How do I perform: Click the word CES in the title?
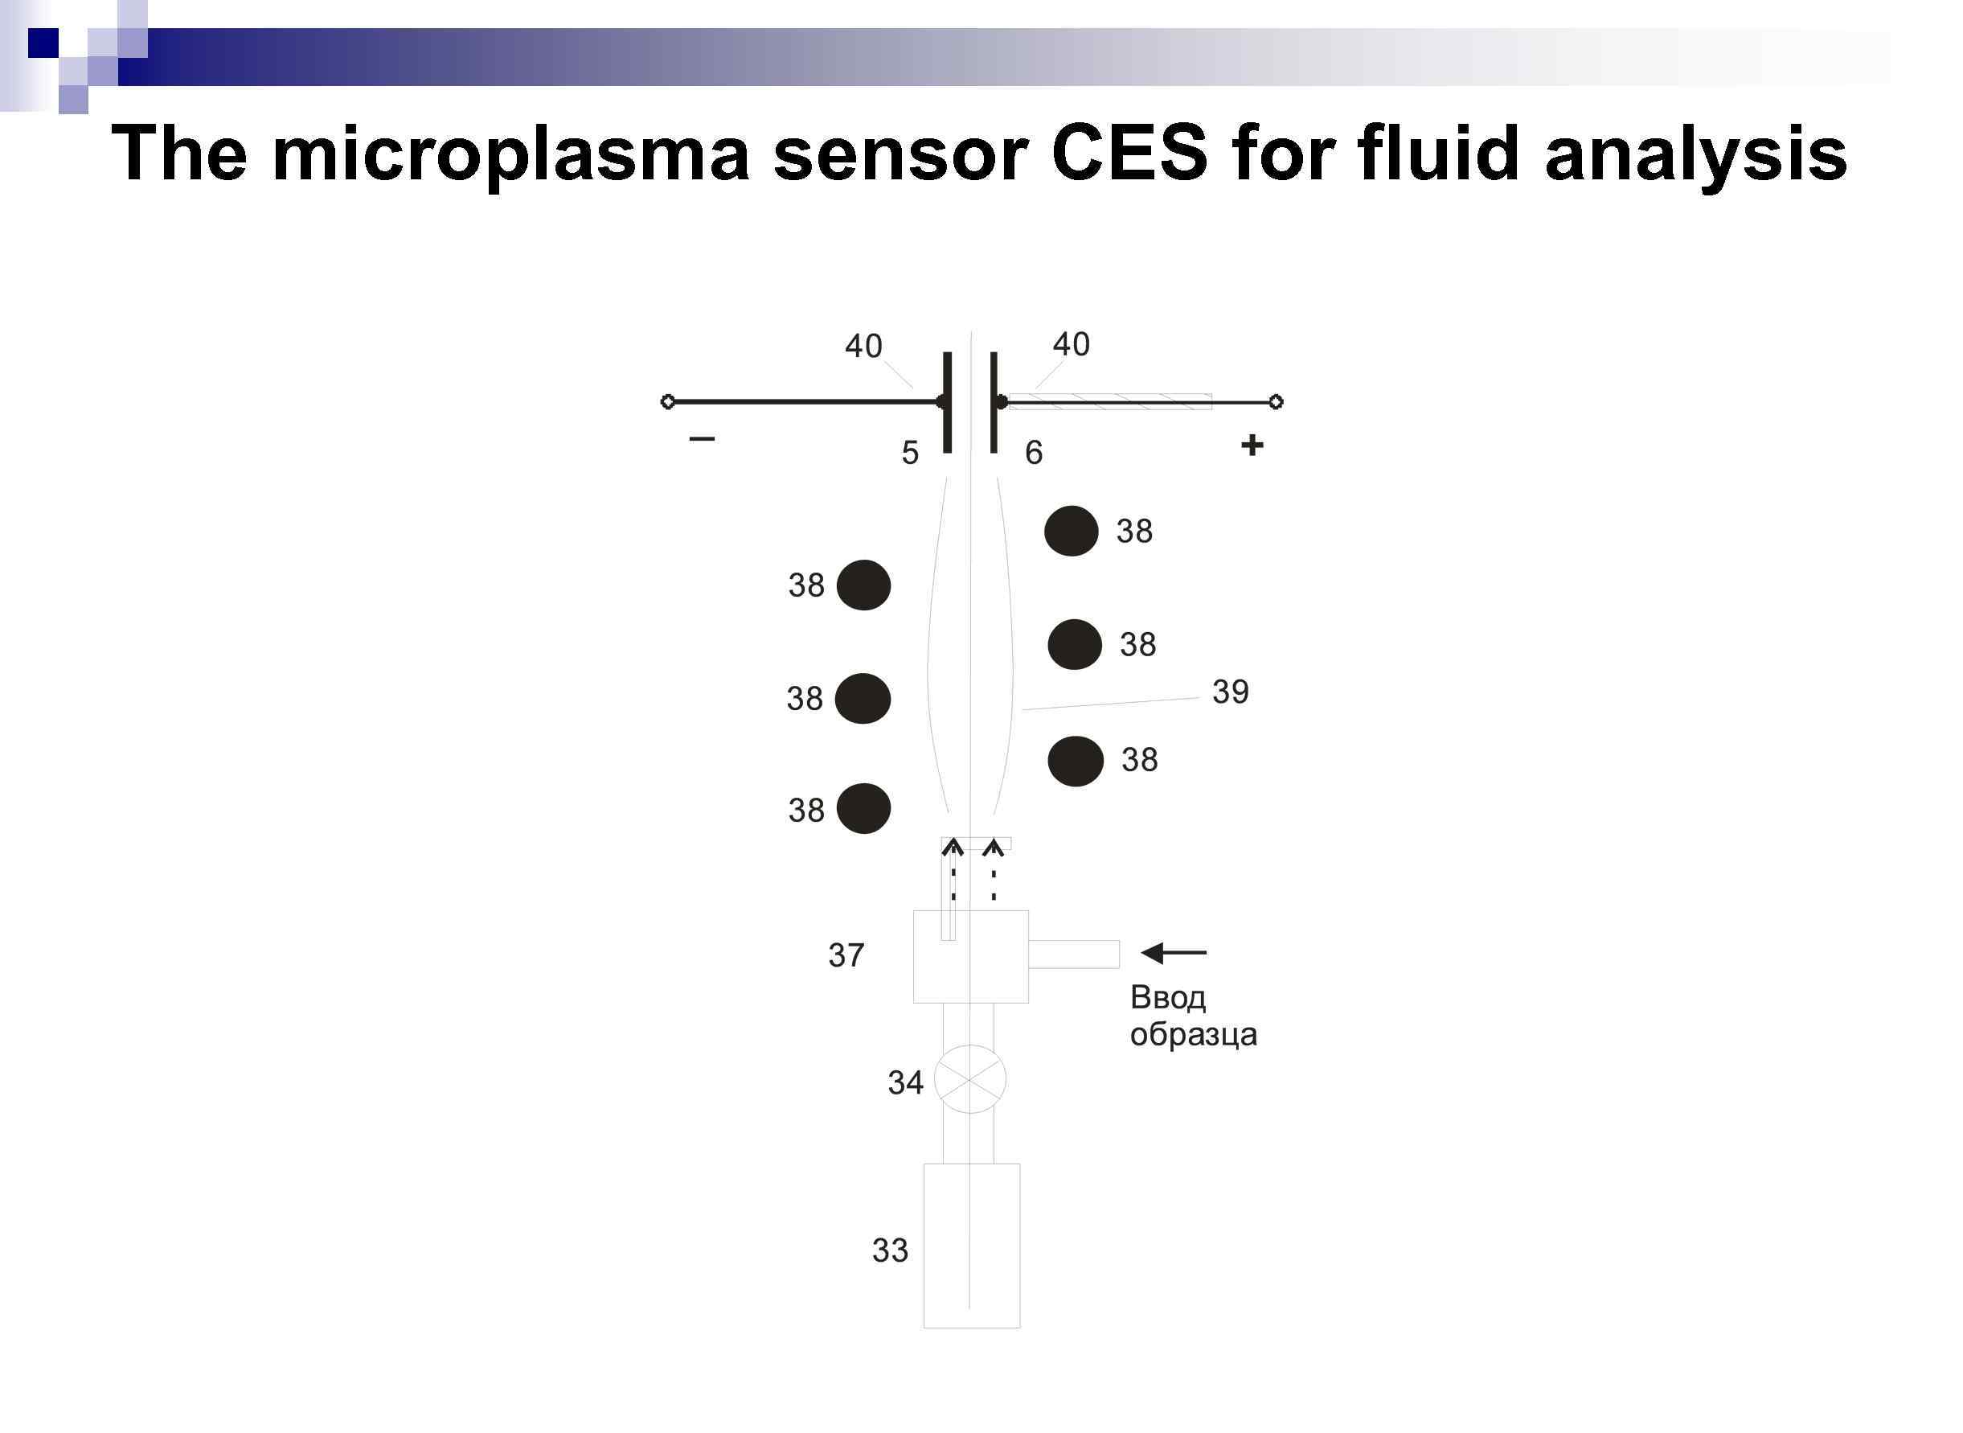[1129, 154]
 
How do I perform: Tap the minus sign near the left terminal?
[702, 439]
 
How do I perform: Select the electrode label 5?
[909, 453]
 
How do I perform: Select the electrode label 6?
[1034, 453]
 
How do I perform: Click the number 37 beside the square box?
[846, 955]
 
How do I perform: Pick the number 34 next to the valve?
[905, 1082]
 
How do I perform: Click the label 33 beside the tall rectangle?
[891, 1250]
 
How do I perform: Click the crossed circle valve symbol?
[970, 1080]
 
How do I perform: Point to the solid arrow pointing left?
[1173, 953]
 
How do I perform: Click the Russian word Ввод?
[1167, 997]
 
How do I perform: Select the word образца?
[1193, 1035]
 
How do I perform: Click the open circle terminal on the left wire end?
[668, 401]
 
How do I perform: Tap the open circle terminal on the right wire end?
[1276, 401]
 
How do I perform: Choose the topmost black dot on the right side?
[1071, 531]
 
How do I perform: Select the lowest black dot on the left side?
[863, 808]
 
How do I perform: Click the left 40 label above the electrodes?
[863, 346]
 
